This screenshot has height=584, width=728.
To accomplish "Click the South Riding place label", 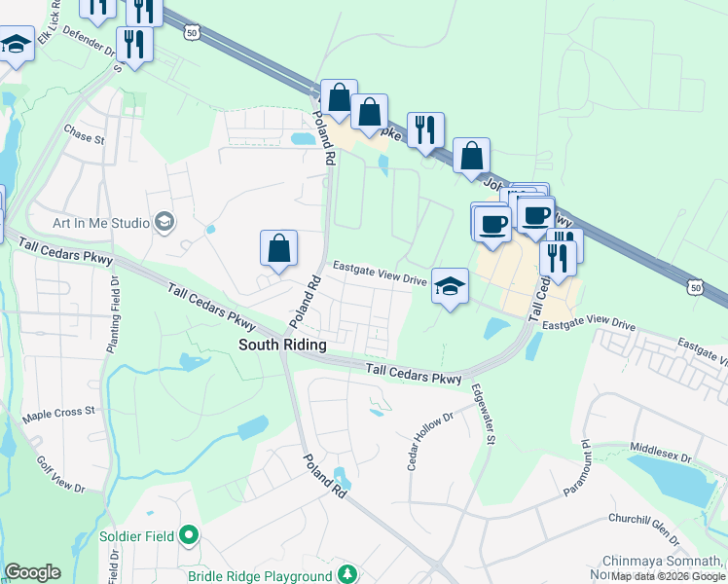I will point(282,346).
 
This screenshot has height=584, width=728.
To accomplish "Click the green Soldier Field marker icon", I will point(190,535).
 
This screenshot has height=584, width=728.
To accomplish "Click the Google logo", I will point(32,572).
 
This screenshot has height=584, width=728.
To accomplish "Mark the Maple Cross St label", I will point(58,413).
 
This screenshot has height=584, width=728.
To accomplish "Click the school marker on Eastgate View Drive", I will point(450,286).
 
